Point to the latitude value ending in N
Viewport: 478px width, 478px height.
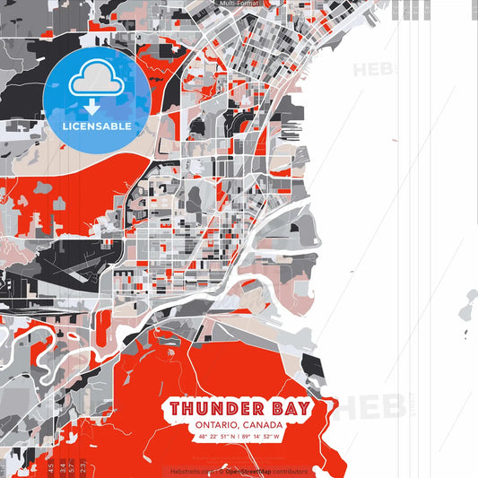[x=213, y=437]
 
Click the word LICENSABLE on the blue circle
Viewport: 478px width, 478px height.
[x=96, y=125]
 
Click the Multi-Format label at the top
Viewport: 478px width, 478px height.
[x=239, y=4]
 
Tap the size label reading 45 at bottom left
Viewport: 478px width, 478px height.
[x=49, y=467]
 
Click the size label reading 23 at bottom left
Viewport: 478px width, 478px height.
[x=83, y=467]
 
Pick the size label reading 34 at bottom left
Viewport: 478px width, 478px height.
[x=60, y=467]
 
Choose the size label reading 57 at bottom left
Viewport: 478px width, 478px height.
[x=72, y=467]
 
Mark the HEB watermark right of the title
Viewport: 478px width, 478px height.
[x=363, y=408]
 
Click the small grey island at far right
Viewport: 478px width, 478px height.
[x=467, y=309]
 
